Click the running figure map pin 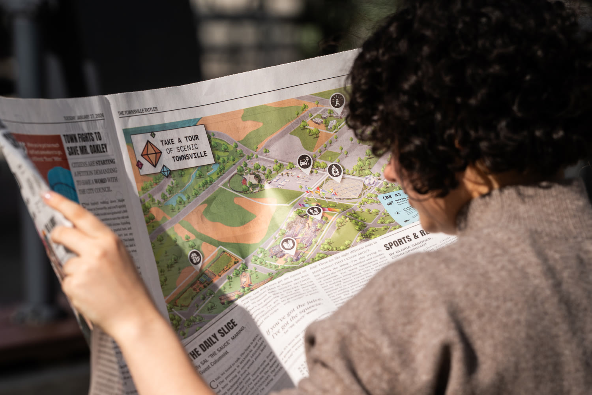337,100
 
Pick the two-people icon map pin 315,212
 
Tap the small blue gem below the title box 165,171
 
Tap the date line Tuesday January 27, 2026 84,117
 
